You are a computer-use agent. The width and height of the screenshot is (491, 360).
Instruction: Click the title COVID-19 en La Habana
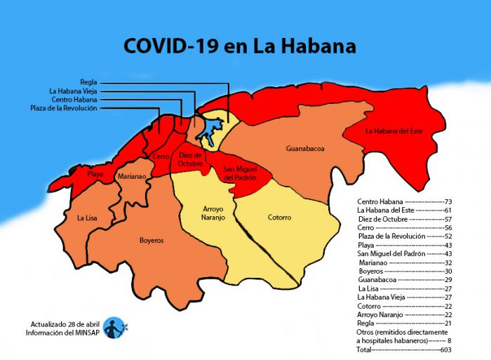[x=239, y=46]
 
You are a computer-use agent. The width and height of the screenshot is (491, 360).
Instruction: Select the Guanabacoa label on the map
[x=304, y=149]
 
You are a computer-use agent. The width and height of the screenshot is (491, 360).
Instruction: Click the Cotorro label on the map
[x=279, y=217]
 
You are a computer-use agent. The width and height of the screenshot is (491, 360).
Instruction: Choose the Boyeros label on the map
[x=151, y=240]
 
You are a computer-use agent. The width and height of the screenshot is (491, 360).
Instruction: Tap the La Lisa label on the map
[x=88, y=218]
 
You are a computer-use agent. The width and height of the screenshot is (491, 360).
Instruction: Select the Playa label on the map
[x=95, y=173]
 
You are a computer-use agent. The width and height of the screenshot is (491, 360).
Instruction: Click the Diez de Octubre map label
[x=190, y=159]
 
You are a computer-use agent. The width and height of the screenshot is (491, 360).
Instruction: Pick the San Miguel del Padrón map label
[x=240, y=173]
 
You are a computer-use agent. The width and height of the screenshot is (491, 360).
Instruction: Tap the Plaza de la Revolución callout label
[x=64, y=108]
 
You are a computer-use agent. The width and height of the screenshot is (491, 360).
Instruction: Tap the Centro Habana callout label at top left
[x=74, y=99]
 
